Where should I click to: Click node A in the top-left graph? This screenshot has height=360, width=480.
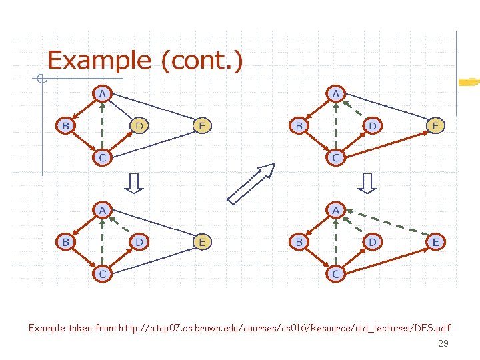[x=102, y=94]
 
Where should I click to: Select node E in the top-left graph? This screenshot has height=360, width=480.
[x=202, y=125]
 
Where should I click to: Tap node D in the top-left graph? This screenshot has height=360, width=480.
[x=139, y=125]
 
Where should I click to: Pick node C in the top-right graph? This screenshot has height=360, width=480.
[x=336, y=158]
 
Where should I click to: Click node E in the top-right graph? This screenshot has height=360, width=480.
[x=435, y=125]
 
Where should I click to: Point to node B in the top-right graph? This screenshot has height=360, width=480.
[x=299, y=125]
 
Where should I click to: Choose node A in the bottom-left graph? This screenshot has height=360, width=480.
[x=102, y=211]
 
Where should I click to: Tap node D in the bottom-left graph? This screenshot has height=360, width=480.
[x=139, y=242]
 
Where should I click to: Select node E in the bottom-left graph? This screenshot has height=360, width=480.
[x=202, y=242]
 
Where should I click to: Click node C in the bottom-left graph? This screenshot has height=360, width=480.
[x=102, y=274]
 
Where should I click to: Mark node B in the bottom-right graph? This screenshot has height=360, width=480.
[x=299, y=242]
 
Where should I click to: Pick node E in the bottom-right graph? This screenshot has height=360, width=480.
[x=435, y=242]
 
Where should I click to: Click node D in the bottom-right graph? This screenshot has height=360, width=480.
[x=372, y=242]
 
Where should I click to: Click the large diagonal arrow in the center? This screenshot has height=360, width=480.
[x=251, y=183]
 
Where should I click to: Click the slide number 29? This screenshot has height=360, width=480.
[x=443, y=344]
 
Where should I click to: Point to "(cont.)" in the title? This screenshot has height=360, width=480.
[x=202, y=61]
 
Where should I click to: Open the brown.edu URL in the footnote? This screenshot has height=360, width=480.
[x=284, y=328]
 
